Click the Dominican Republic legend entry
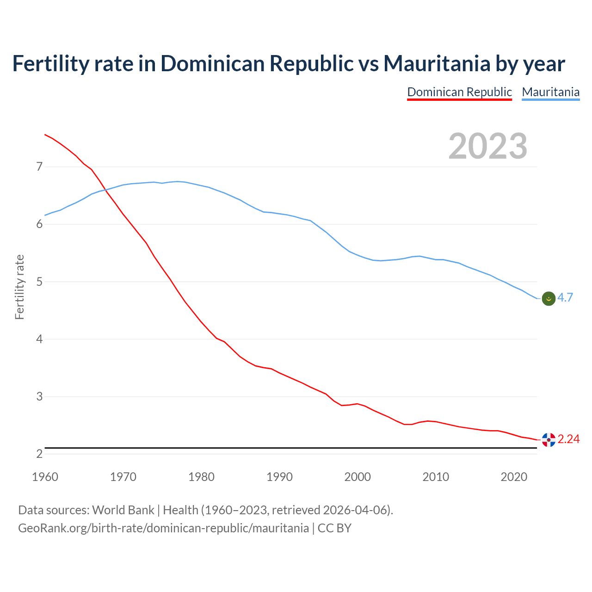(459, 92)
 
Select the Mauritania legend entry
(550, 92)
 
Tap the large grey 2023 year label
(488, 146)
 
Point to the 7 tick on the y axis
(39, 166)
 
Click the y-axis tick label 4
(39, 339)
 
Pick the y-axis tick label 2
(39, 454)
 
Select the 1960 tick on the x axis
(45, 477)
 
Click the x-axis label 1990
(279, 477)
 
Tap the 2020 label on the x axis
(514, 477)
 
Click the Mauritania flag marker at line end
(549, 299)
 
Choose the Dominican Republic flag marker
(549, 440)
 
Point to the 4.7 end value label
(565, 298)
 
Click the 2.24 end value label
(568, 439)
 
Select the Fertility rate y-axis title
(19, 287)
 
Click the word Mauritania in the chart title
(437, 64)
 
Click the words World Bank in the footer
(123, 510)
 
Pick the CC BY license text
(334, 528)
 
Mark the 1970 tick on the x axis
(123, 477)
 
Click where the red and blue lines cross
(105, 189)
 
